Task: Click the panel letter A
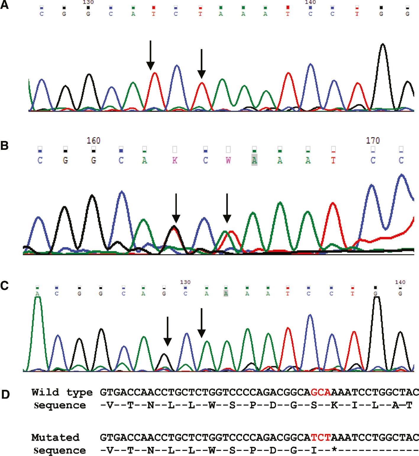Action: click(4, 5)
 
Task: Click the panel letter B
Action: click(4, 145)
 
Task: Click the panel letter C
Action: click(4, 285)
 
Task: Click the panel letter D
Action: click(5, 395)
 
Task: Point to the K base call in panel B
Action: click(175, 160)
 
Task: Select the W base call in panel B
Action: click(228, 160)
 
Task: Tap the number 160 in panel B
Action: click(93, 140)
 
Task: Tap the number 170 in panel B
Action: click(373, 140)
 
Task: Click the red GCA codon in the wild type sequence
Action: click(321, 392)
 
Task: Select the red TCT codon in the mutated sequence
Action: click(321, 437)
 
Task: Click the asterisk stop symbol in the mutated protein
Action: click(334, 450)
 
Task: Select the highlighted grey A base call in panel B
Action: click(254, 160)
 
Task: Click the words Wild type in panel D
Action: click(62, 392)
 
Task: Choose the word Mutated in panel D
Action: click(55, 437)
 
